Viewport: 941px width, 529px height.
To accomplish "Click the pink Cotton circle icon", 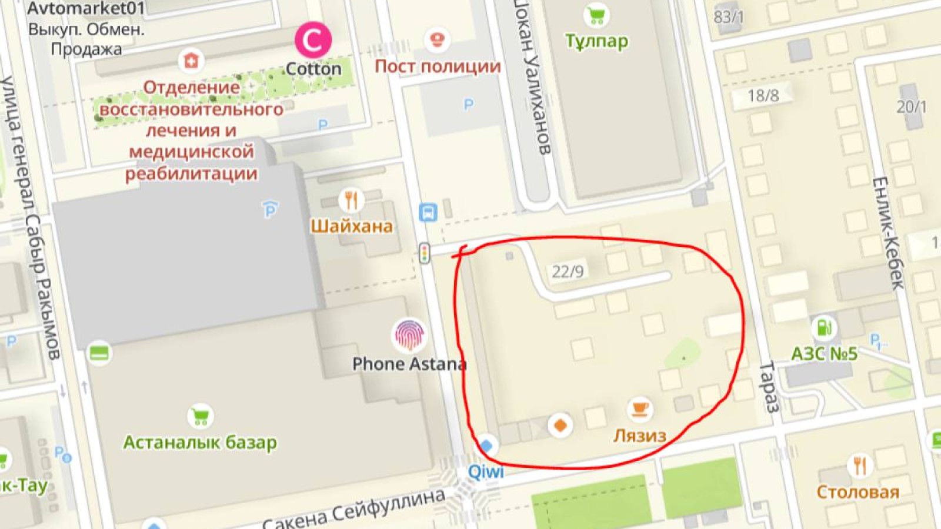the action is click(313, 40).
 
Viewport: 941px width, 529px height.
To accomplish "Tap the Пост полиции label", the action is click(438, 66).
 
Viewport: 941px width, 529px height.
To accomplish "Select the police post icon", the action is click(436, 40).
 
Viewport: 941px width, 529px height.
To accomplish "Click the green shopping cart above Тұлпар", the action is click(596, 15).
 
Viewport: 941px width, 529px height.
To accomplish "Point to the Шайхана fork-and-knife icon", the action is click(351, 200).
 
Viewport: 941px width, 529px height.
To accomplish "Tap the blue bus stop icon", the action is click(428, 212).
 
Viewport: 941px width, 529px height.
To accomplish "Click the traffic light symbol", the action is click(424, 253).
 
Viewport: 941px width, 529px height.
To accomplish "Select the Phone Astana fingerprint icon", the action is click(408, 335).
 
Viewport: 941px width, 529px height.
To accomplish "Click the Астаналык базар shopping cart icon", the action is click(201, 416).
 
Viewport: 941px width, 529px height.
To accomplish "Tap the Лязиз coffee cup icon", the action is click(639, 408).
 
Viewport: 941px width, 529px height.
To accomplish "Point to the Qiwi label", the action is click(486, 471).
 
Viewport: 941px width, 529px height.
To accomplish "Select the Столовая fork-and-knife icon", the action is click(859, 466).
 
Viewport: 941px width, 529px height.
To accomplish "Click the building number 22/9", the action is click(568, 271).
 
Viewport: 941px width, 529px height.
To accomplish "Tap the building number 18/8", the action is click(763, 95).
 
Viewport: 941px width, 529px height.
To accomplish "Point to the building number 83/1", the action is click(728, 17).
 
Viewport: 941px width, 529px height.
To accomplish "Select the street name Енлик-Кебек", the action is click(887, 232).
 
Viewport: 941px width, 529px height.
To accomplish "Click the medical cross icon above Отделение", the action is click(191, 61).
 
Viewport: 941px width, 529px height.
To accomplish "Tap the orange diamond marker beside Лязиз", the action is click(560, 424).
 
